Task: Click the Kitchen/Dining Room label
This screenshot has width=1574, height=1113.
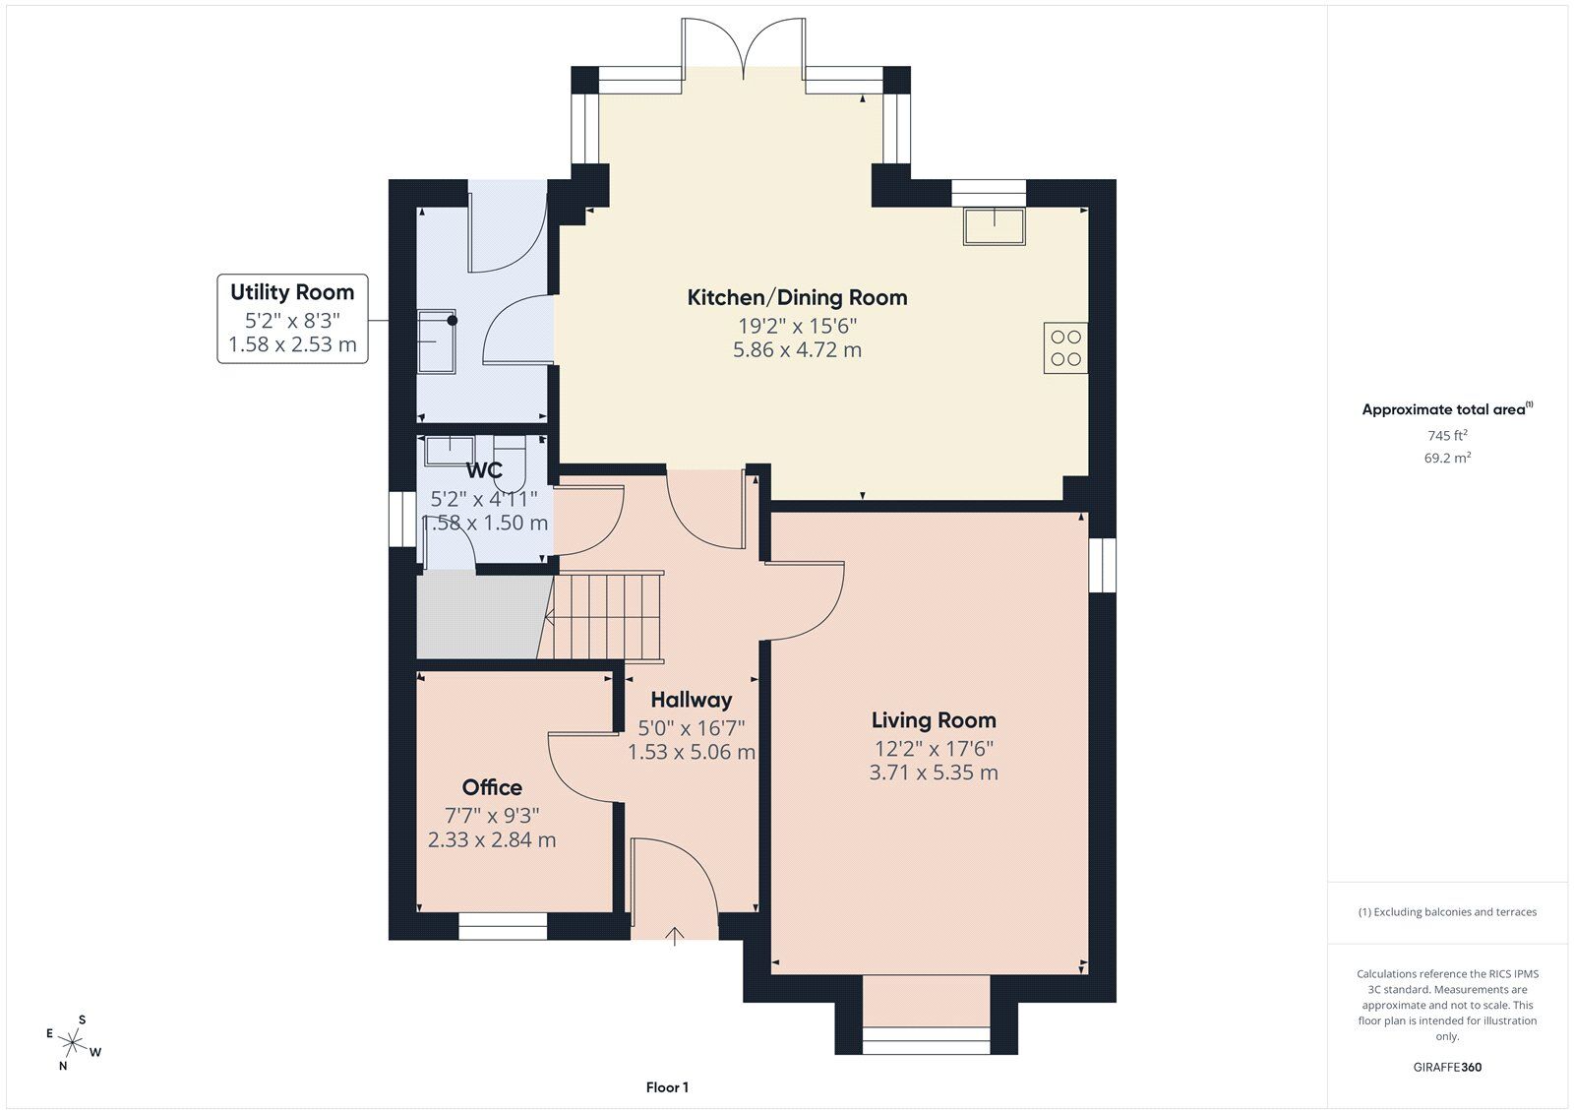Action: pyautogui.click(x=797, y=297)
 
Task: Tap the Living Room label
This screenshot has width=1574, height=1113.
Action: pyautogui.click(x=934, y=720)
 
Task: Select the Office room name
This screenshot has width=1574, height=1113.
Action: pyautogui.click(x=492, y=786)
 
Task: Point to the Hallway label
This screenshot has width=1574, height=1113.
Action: pyautogui.click(x=692, y=700)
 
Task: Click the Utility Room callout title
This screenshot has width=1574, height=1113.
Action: pyautogui.click(x=292, y=292)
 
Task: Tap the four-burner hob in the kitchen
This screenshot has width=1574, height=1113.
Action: pyautogui.click(x=1065, y=348)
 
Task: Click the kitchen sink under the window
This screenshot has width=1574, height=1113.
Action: pyautogui.click(x=994, y=225)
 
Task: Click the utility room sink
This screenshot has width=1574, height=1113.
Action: pyautogui.click(x=437, y=341)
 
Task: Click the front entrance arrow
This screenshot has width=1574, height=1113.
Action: pyautogui.click(x=675, y=937)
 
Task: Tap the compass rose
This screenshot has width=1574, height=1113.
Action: pyautogui.click(x=73, y=1042)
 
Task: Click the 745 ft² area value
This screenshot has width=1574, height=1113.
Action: pyautogui.click(x=1447, y=435)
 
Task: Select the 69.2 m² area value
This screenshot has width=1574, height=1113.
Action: pyautogui.click(x=1447, y=458)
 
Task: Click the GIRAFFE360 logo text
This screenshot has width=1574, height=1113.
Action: pyautogui.click(x=1447, y=1067)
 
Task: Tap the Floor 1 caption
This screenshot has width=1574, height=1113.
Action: pyautogui.click(x=667, y=1087)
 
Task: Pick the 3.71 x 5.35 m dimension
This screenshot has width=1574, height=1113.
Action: pyautogui.click(x=934, y=773)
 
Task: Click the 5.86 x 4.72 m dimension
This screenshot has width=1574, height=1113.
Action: pyautogui.click(x=797, y=349)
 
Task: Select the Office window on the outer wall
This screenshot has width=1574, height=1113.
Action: pyautogui.click(x=503, y=926)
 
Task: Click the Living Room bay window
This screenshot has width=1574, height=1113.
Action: pyautogui.click(x=926, y=1040)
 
